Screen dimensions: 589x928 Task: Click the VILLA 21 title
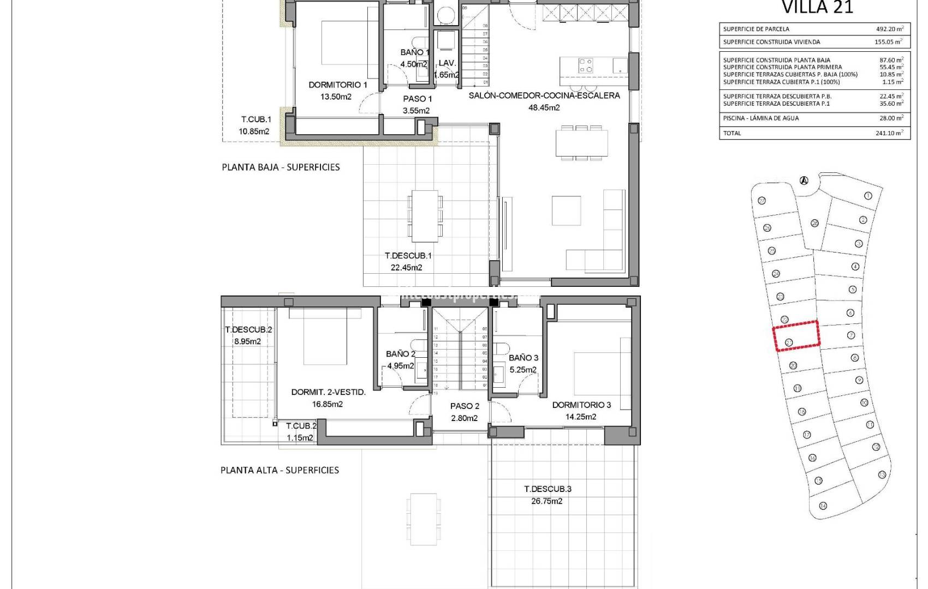tap(817, 7)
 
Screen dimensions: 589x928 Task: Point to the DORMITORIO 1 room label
tap(338, 85)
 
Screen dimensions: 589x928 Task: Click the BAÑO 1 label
tap(414, 53)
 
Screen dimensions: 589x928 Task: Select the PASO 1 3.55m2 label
tap(417, 105)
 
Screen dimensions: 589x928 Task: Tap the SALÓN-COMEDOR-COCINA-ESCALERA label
tap(544, 96)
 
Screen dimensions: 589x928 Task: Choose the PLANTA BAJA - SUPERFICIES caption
tap(281, 167)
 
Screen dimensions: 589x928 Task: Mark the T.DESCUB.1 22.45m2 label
tap(408, 261)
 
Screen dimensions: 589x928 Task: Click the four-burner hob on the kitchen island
tap(585, 66)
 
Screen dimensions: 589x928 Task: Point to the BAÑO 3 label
tap(523, 358)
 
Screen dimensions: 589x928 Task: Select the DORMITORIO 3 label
tap(581, 405)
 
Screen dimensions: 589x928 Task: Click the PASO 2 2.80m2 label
tap(465, 412)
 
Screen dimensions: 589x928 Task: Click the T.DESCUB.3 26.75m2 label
tap(547, 495)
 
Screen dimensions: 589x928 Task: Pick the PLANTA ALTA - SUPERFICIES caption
tap(279, 470)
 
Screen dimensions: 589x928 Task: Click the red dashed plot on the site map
tap(796, 335)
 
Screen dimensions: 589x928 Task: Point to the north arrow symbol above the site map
tap(803, 181)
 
